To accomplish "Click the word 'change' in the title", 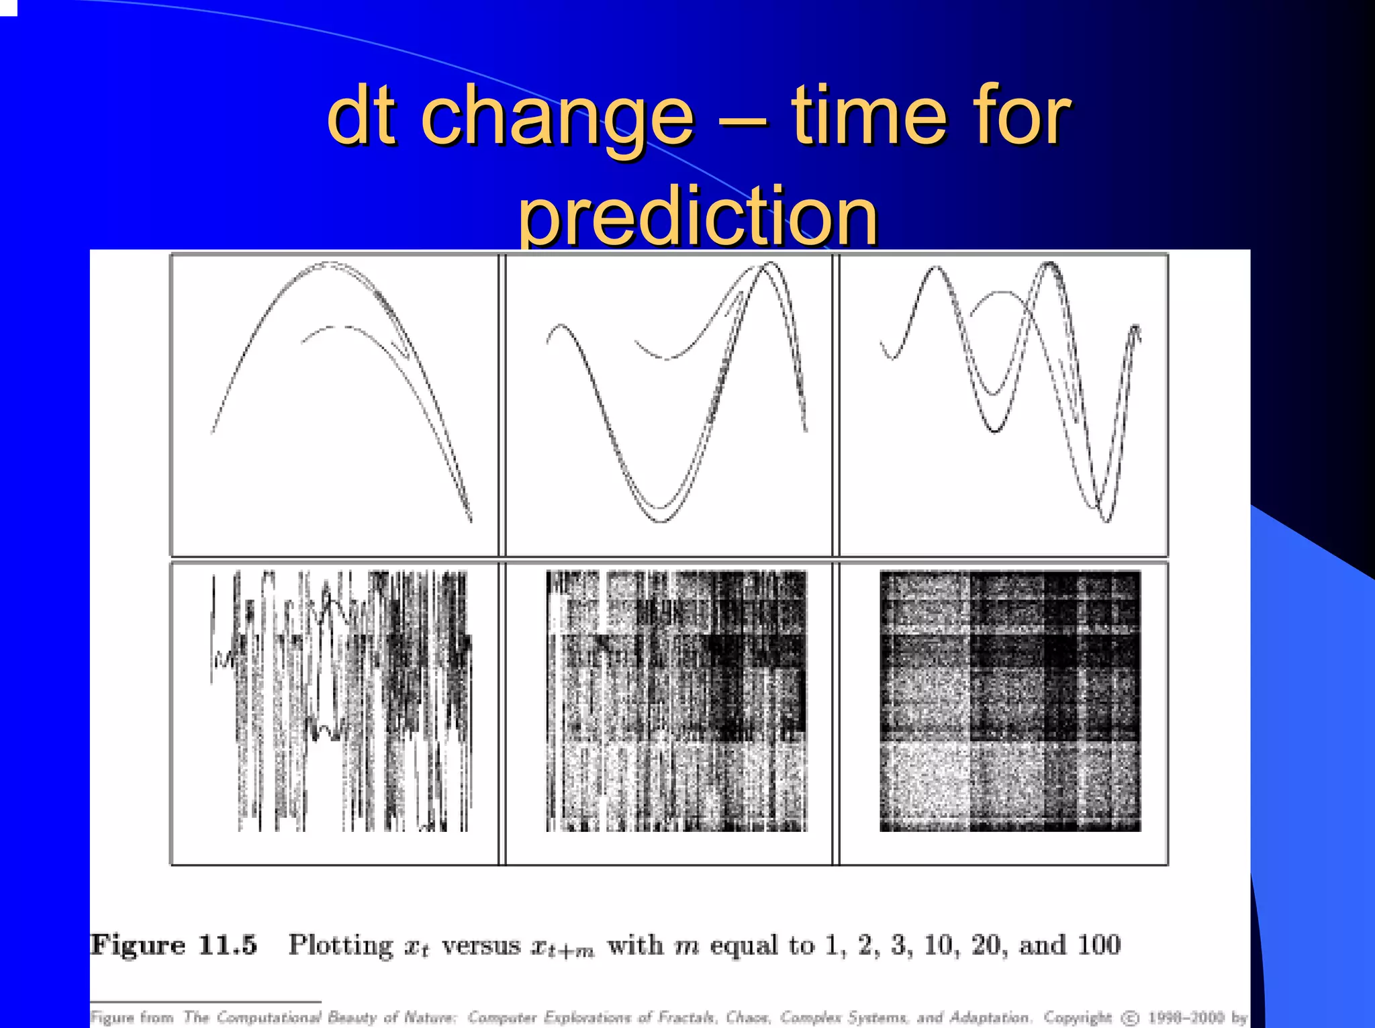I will point(557,117).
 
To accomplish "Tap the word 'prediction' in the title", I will point(698,216).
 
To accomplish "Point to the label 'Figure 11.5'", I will point(173,945).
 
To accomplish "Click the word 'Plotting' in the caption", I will point(340,945).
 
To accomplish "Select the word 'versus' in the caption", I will point(481,945).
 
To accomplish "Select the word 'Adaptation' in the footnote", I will point(988,1018).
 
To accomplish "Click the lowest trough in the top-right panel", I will point(1105,518).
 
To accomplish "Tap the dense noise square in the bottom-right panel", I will point(1010,701).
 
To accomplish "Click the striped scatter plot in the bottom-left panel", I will point(341,701).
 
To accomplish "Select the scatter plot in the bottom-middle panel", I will point(675,701).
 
